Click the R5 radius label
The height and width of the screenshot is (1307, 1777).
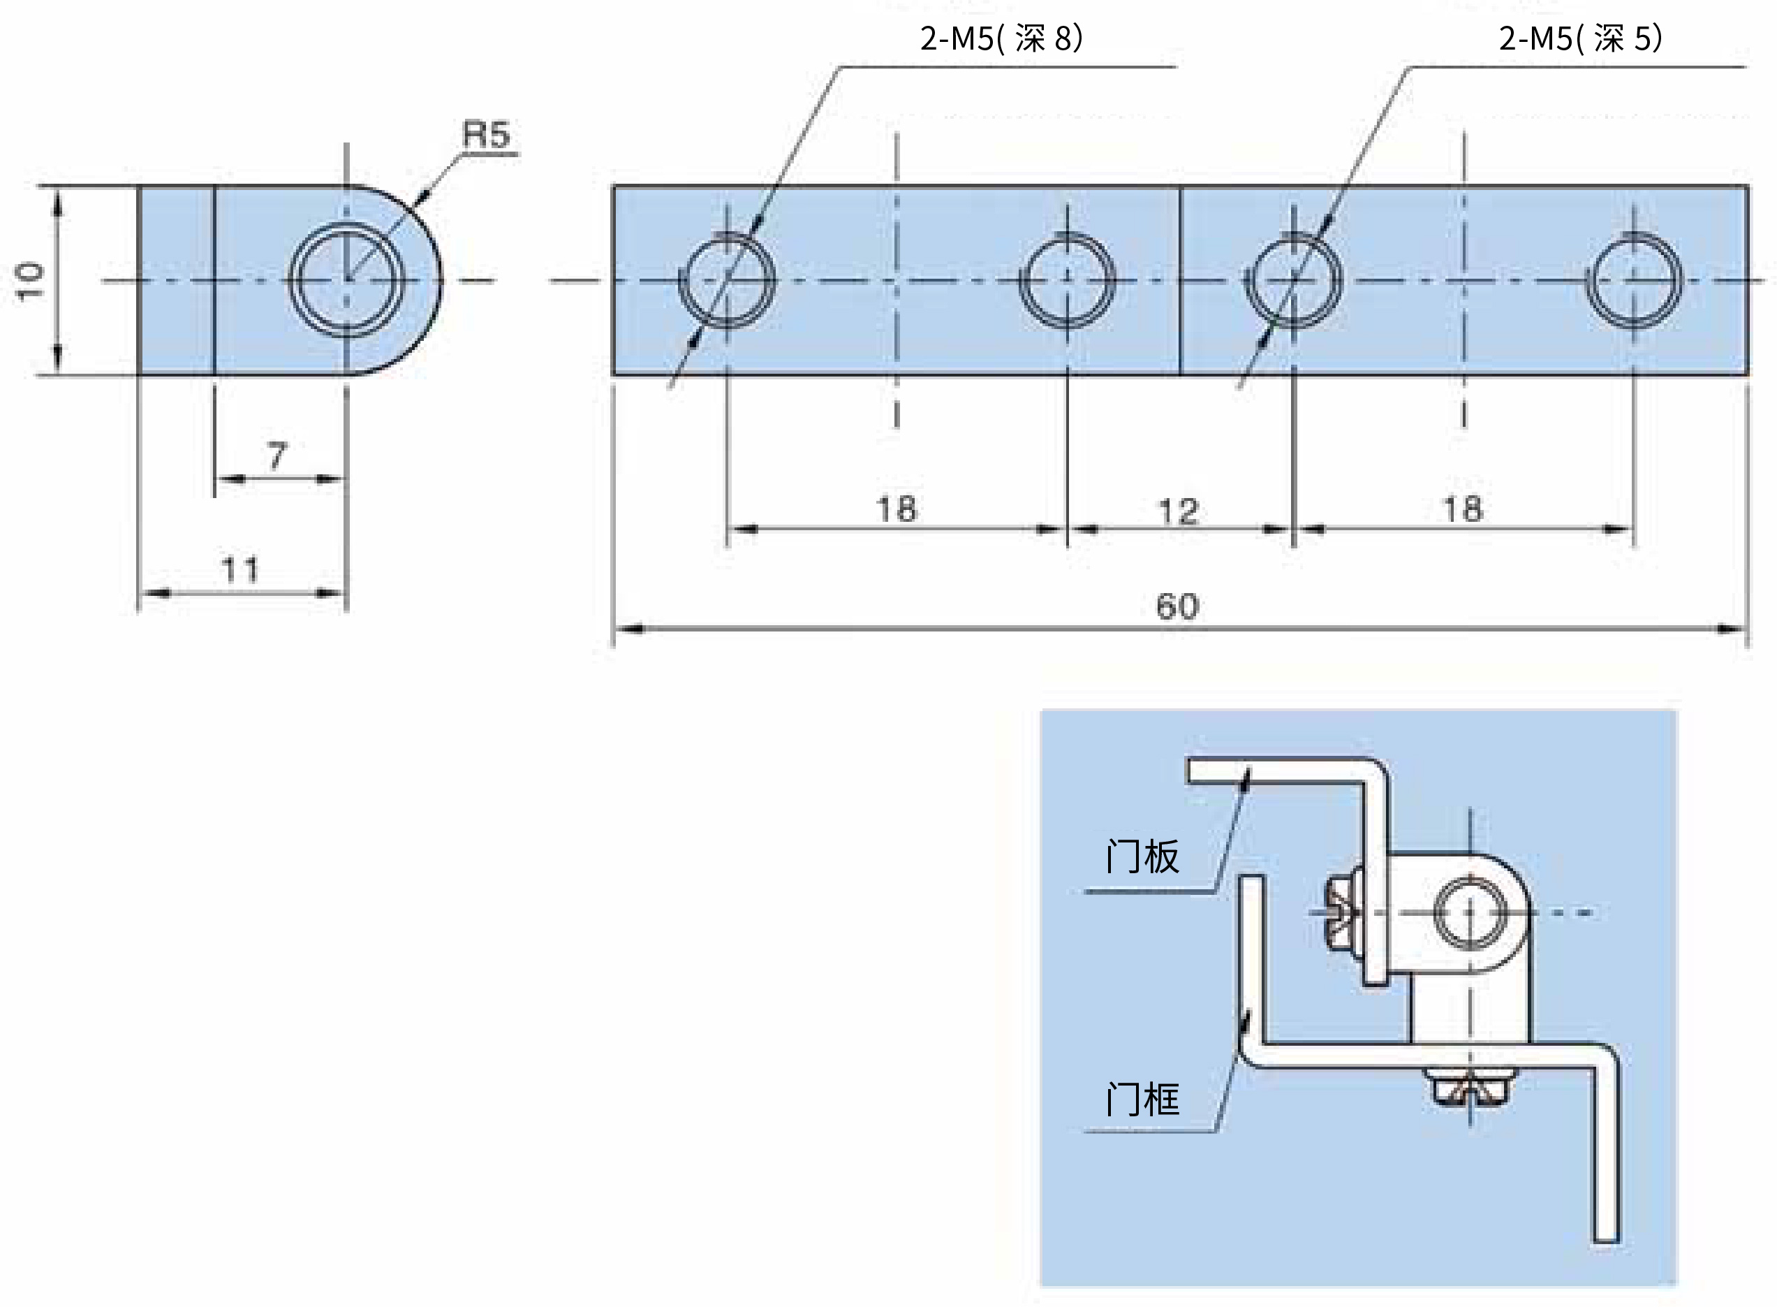coord(485,135)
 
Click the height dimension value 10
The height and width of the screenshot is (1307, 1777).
coord(30,282)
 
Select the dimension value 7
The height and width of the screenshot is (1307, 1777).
coord(276,456)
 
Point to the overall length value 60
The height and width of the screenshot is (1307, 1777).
coord(1177,607)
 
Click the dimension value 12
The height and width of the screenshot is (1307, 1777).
coord(1179,512)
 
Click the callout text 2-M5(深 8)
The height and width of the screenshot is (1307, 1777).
coord(1001,38)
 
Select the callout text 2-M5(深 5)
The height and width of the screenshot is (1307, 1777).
coord(1581,38)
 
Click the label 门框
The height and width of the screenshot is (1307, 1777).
coord(1142,1100)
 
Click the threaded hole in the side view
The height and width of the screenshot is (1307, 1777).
coord(346,279)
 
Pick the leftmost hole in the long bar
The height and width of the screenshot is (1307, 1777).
coord(727,280)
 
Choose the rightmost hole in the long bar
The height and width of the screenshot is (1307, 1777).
coord(1634,280)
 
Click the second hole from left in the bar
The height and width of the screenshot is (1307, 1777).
coord(1068,280)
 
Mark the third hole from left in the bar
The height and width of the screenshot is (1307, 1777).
coord(1294,280)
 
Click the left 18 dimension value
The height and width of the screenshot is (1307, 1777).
coord(897,509)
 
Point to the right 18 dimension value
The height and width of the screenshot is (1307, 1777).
coord(1463,509)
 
